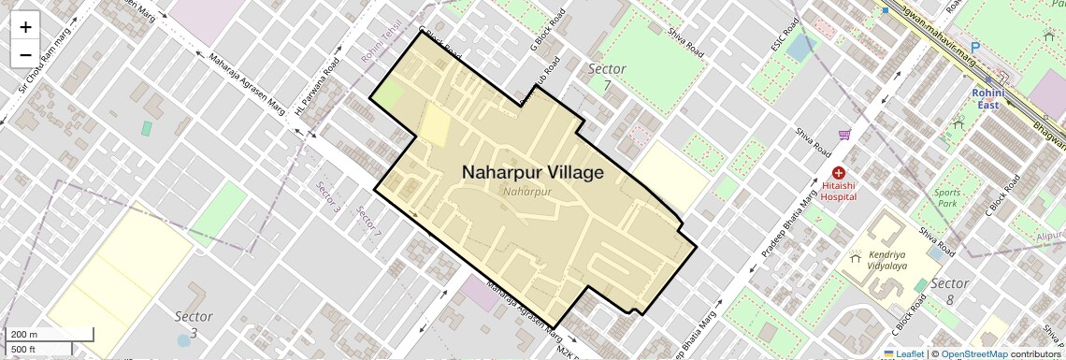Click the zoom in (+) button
tap(25, 26)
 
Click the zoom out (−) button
tap(25, 54)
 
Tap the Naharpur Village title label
tap(532, 172)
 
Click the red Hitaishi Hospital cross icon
tap(838, 173)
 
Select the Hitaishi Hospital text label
tap(838, 192)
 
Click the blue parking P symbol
tap(975, 47)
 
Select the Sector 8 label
tap(949, 283)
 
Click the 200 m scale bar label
tap(23, 335)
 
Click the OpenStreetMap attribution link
tap(973, 353)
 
